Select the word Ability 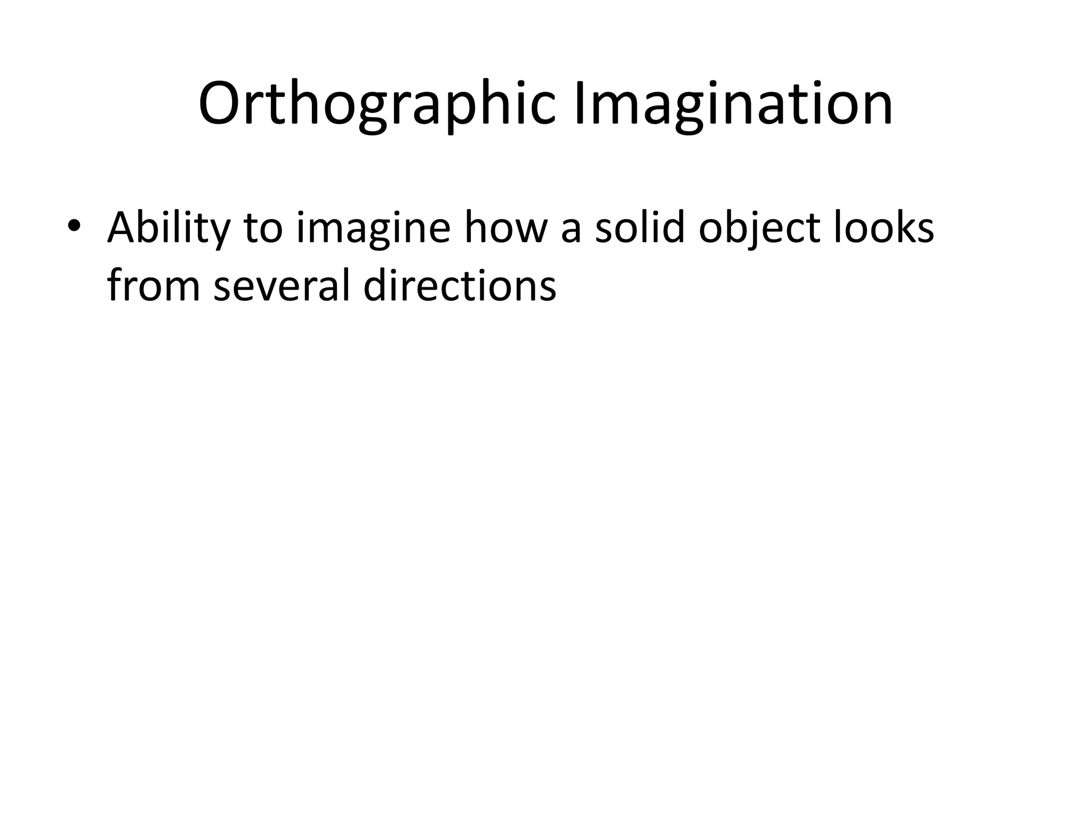[168, 228]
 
